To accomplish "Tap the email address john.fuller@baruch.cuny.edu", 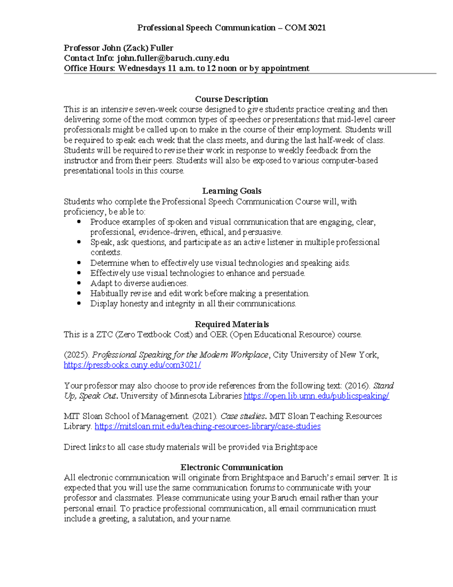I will coord(173,58).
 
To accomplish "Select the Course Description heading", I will coord(231,99).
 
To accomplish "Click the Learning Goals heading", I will coord(231,191).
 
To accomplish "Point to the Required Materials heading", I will coord(231,324).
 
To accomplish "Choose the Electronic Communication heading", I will coord(231,467).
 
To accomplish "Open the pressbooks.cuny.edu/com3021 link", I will coord(132,365).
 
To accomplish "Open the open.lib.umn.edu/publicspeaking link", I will coord(316,396).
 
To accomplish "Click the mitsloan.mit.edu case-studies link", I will coord(207,427).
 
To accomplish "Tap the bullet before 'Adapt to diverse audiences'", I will coord(79,283).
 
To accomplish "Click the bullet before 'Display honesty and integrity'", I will coord(79,304).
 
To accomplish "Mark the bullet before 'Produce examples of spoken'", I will coord(79,222).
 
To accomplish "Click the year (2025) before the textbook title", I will coord(77,355).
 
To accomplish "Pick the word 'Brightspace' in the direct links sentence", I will coord(296,447).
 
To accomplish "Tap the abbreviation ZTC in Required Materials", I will coord(105,335).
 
